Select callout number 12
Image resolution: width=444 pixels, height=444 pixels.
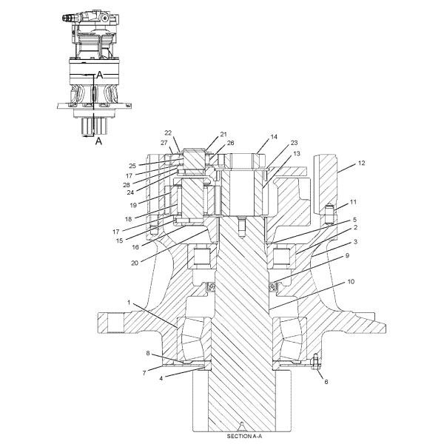coord(362,162)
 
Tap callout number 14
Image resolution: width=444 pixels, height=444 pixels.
coord(273,137)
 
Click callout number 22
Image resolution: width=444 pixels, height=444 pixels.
coord(167,133)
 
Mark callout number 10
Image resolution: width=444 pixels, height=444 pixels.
coord(350,282)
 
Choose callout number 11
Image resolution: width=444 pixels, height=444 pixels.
coord(353,201)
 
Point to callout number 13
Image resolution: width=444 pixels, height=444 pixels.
coord(276,154)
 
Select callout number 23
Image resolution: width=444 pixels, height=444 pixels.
coord(273,143)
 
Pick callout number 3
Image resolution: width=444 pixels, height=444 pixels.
coord(356,242)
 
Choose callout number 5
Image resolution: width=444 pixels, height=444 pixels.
coord(354,221)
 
